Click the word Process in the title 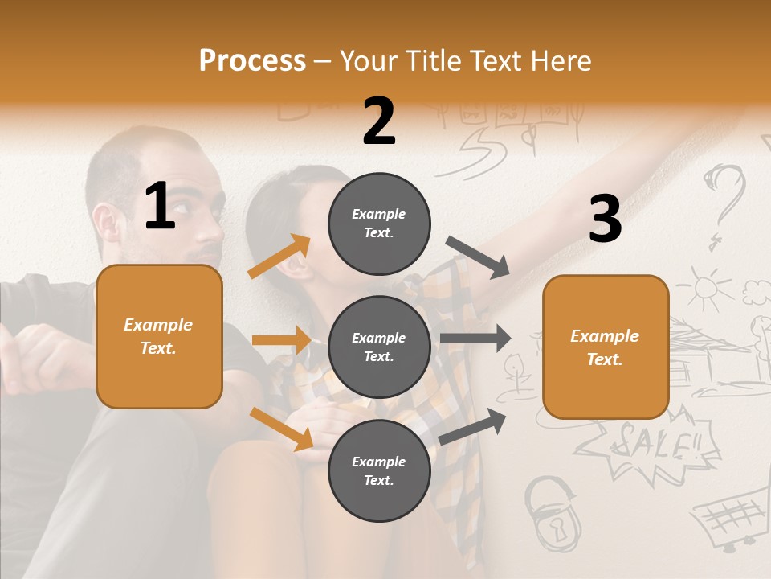pos(252,60)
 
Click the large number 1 pos(160,207)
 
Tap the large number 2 pos(379,121)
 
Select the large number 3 pos(605,220)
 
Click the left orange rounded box pos(159,336)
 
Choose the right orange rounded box pos(606,347)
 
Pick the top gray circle pos(379,224)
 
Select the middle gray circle pos(379,347)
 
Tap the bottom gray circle pos(379,470)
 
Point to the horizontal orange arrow pos(281,340)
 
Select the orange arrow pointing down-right pos(282,428)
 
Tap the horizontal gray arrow pos(475,339)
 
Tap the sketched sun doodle pos(704,289)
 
